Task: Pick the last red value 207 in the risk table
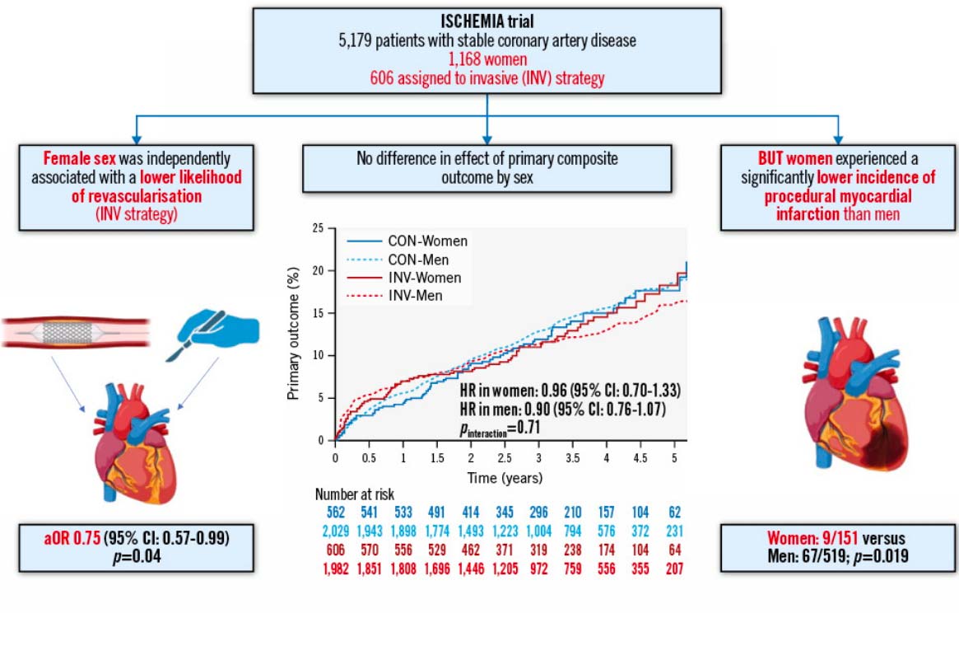point(669,568)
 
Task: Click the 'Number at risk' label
point(354,495)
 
